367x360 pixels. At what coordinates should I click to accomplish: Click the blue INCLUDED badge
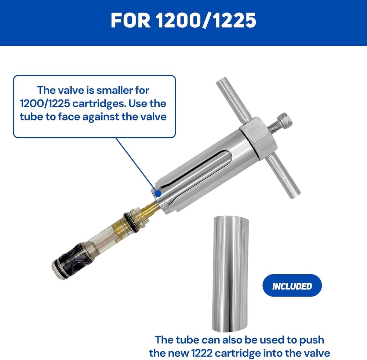point(292,286)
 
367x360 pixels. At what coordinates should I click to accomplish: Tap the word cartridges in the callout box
point(99,103)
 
